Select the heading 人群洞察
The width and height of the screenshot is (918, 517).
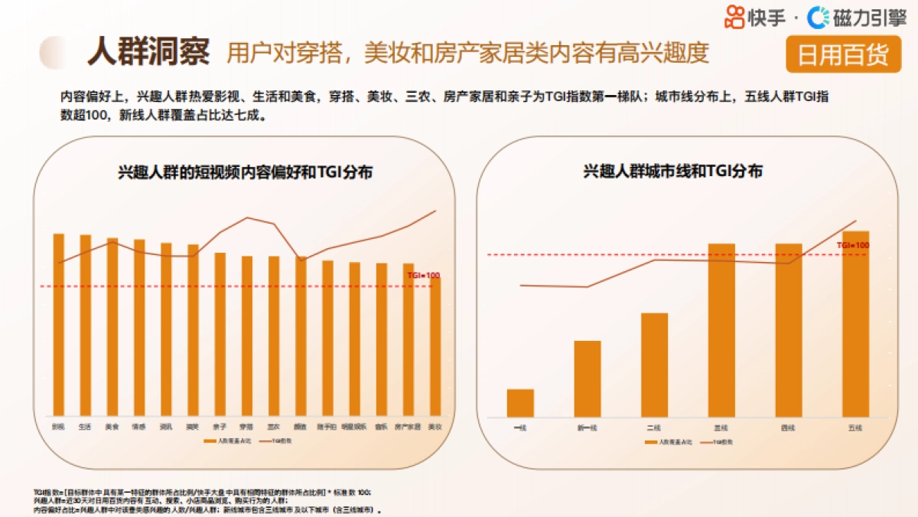tap(148, 51)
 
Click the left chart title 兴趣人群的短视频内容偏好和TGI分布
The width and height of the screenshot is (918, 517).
tap(245, 172)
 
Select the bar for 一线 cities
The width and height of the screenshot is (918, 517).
tap(520, 403)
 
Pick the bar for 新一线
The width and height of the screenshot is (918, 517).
tap(588, 378)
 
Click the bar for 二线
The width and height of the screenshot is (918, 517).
tap(654, 365)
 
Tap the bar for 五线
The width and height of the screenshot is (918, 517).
tap(855, 323)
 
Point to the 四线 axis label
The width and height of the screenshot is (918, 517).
tap(788, 427)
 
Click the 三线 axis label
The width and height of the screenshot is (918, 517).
tap(721, 427)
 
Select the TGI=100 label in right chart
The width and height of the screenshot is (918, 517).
tap(852, 245)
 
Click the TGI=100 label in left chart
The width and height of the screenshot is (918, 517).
tap(423, 275)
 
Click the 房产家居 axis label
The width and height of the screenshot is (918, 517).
tap(408, 426)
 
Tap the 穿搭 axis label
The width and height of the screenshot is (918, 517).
tap(246, 426)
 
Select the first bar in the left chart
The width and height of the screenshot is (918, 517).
tap(58, 325)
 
